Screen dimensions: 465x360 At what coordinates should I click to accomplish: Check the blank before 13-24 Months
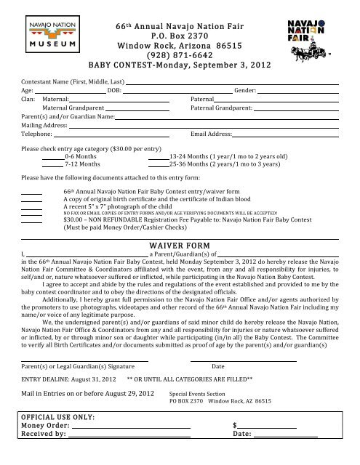click(x=158, y=156)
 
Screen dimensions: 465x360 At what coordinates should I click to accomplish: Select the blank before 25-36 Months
click(x=158, y=164)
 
